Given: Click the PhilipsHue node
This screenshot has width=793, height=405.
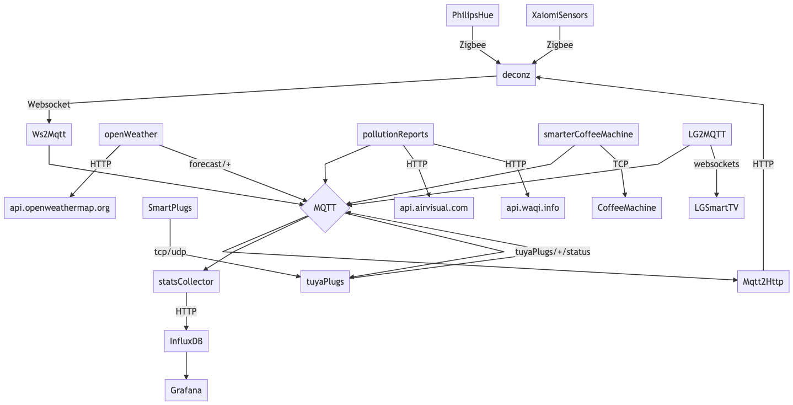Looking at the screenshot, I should pyautogui.click(x=473, y=15).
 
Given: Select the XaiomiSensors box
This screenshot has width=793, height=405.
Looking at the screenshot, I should pyautogui.click(x=560, y=15).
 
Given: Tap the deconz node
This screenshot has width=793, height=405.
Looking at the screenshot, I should pyautogui.click(x=516, y=75).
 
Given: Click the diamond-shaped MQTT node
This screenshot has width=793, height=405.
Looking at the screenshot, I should pyautogui.click(x=325, y=208).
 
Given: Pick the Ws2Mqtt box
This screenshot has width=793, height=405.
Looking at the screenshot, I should pyautogui.click(x=49, y=135).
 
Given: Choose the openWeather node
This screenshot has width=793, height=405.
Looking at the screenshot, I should pyautogui.click(x=131, y=135).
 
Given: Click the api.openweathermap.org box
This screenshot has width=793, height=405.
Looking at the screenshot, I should pyautogui.click(x=60, y=208).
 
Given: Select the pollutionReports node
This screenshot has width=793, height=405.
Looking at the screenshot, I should pyautogui.click(x=395, y=135).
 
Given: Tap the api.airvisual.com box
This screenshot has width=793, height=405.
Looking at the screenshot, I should pyautogui.click(x=434, y=208).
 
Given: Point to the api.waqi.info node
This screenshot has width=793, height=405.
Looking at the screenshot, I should pyautogui.click(x=533, y=208).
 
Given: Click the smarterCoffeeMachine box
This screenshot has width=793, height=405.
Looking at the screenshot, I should pyautogui.click(x=588, y=135).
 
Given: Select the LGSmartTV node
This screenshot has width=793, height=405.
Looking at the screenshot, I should pyautogui.click(x=717, y=208).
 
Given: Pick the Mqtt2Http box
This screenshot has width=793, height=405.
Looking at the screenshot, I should pyautogui.click(x=763, y=281).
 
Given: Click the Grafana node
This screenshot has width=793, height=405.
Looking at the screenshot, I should pyautogui.click(x=186, y=390).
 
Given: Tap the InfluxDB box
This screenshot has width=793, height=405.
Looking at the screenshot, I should pyautogui.click(x=186, y=341).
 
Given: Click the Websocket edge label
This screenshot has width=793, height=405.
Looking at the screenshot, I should pyautogui.click(x=49, y=104).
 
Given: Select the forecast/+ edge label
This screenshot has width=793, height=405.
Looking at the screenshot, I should pyautogui.click(x=210, y=164).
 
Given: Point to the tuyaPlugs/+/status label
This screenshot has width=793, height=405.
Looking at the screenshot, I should pyautogui.click(x=553, y=252).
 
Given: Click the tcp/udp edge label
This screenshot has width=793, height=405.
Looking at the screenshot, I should pyautogui.click(x=170, y=252).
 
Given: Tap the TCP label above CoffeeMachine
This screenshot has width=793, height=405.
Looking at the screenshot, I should pyautogui.click(x=620, y=164).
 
